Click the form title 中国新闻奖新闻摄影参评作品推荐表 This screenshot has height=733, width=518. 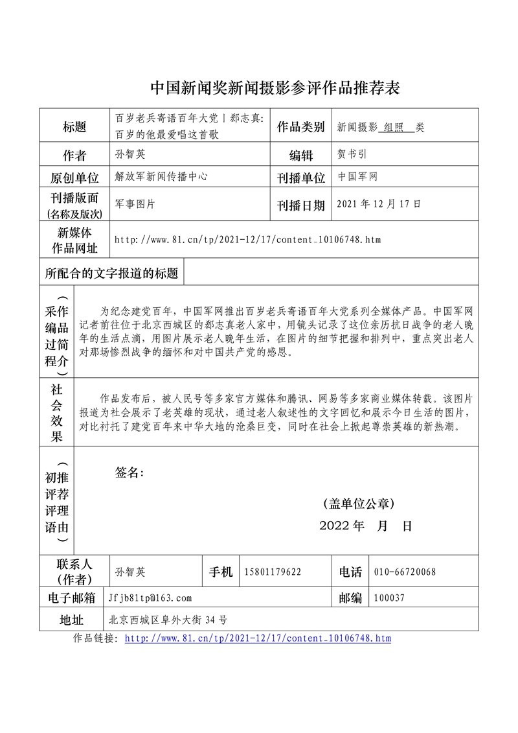(x=275, y=88)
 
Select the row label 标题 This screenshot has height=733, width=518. (x=74, y=127)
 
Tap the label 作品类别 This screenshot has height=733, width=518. (x=300, y=127)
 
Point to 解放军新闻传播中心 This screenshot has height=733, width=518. (x=161, y=176)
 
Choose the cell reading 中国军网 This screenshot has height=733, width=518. (x=357, y=176)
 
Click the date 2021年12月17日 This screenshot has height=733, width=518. (x=379, y=204)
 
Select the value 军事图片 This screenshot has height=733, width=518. (x=134, y=204)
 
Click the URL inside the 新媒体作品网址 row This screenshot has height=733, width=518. (x=247, y=240)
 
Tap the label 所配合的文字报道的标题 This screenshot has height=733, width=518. (x=111, y=273)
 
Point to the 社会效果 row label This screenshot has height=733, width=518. (x=57, y=412)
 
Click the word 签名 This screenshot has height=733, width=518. (x=129, y=472)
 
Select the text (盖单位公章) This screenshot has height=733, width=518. (x=358, y=504)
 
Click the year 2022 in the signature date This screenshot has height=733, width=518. (x=335, y=526)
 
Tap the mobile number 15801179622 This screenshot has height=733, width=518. (x=272, y=572)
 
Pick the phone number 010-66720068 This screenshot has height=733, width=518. (x=405, y=572)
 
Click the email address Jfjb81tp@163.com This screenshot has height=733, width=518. (x=150, y=598)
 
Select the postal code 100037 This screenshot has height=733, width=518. (x=389, y=598)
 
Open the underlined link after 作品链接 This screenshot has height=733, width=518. (x=257, y=638)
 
